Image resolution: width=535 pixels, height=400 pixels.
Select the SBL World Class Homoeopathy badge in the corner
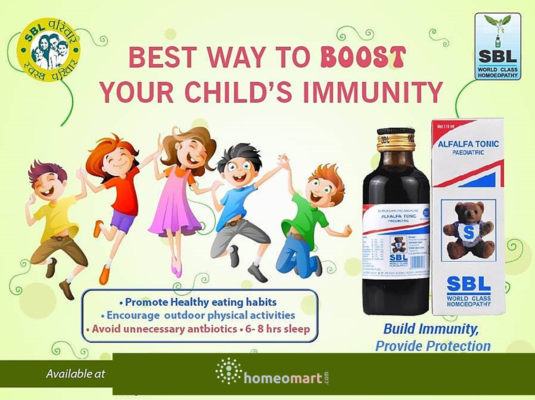pyautogui.click(x=498, y=46)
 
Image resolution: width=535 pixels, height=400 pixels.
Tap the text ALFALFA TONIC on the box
pyautogui.click(x=468, y=144)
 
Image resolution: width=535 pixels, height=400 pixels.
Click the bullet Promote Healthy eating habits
pyautogui.click(x=198, y=302)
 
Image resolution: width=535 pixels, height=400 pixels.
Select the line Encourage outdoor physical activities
pyautogui.click(x=198, y=315)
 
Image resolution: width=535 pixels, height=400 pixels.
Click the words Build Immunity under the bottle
pyautogui.click(x=431, y=329)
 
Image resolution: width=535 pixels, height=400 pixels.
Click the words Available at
pyautogui.click(x=76, y=374)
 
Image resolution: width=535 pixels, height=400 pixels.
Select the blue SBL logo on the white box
pyautogui.click(x=468, y=285)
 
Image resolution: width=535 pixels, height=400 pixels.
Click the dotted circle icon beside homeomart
pyautogui.click(x=229, y=371)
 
